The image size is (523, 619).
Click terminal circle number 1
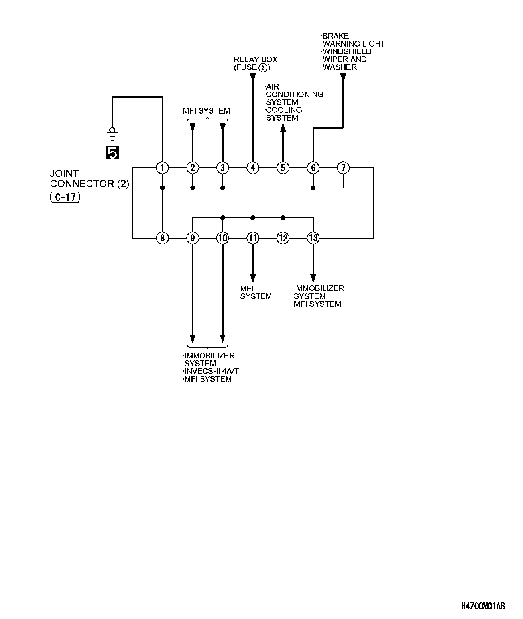point(162,168)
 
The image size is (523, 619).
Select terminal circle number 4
point(253,168)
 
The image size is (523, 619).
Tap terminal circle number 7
point(343,168)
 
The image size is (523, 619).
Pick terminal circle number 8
point(162,238)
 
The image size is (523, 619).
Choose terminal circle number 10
point(223,238)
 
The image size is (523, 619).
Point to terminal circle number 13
point(313,238)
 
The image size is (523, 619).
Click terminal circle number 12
point(283,238)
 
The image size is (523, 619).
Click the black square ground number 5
point(112,153)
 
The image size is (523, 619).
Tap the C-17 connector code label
point(65,197)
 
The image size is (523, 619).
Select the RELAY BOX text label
point(256,59)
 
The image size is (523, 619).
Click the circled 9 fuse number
point(263,68)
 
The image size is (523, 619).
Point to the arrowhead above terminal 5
point(283,127)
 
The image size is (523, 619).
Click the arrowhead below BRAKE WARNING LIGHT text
point(343,77)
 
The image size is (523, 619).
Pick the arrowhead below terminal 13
point(313,278)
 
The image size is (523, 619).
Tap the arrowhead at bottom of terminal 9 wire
point(193,339)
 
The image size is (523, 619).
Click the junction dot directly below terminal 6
point(313,188)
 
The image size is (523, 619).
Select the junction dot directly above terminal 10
point(223,218)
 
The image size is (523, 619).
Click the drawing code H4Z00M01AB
point(483,607)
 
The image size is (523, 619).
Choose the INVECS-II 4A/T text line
point(211,371)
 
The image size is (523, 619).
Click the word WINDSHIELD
point(347,51)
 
